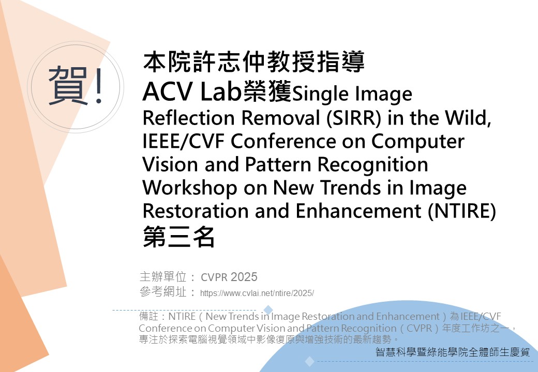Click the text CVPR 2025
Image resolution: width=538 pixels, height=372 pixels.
[229, 277]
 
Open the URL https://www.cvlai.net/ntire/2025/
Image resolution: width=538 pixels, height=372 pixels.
[257, 293]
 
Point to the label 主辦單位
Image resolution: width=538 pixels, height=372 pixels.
[163, 277]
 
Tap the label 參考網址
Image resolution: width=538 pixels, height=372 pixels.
[163, 293]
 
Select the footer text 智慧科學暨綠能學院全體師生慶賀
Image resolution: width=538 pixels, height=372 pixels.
[453, 353]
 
